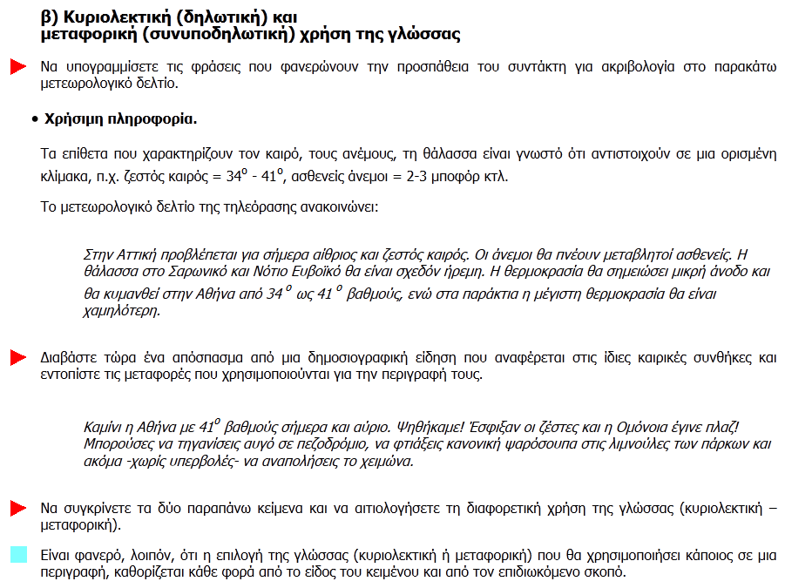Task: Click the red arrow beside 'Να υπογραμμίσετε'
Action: [17, 67]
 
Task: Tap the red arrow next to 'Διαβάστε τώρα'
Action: [17, 358]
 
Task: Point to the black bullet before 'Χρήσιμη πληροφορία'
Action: [33, 118]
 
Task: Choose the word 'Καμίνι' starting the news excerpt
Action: [103, 429]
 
